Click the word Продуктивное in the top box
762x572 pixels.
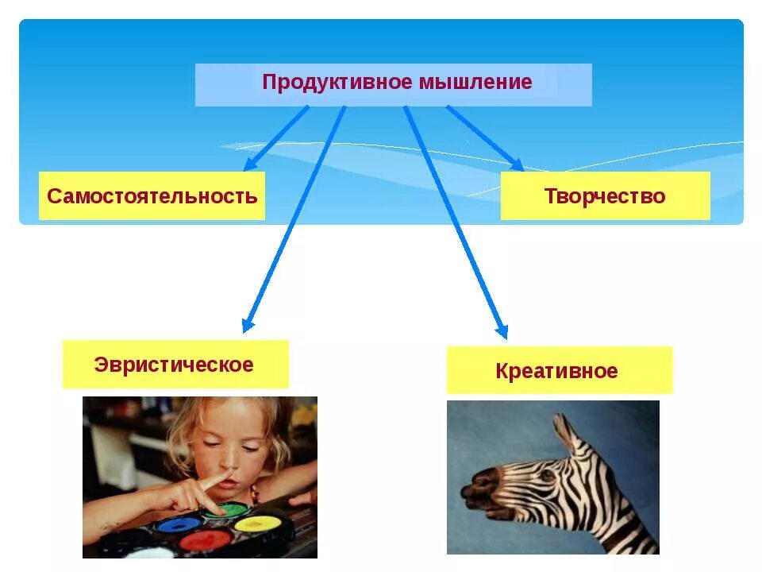[328, 83]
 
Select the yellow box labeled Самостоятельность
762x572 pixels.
[152, 196]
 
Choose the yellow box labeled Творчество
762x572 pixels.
[605, 196]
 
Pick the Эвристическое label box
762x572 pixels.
[175, 365]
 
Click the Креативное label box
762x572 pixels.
[558, 371]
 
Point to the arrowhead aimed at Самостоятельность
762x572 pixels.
[249, 164]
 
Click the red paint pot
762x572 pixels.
[205, 540]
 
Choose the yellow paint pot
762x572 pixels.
[258, 524]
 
